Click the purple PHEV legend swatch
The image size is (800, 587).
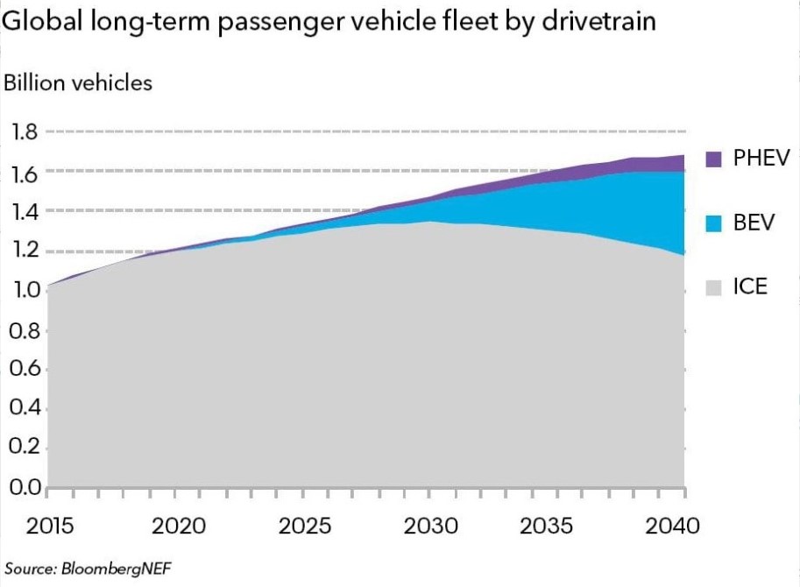[713, 159]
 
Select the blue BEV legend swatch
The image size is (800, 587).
[713, 223]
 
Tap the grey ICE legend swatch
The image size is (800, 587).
[713, 286]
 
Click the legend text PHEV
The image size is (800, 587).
[761, 159]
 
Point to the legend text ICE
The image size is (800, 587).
[750, 286]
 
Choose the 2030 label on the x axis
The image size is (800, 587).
[431, 527]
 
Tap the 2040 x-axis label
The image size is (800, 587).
[674, 527]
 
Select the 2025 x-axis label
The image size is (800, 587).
[306, 527]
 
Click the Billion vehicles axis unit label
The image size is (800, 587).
[78, 83]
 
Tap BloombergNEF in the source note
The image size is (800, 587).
[116, 568]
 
